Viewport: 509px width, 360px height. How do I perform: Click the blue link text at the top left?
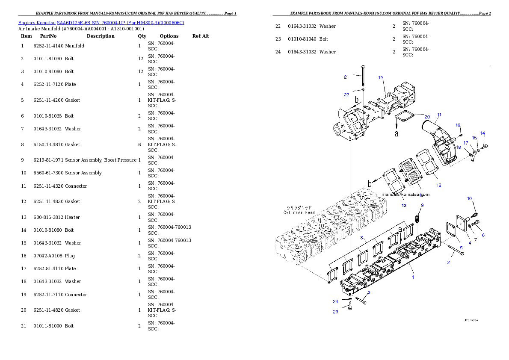tap(101, 23)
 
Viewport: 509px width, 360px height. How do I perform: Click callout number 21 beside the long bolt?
tap(346, 77)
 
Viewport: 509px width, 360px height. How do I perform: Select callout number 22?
tap(346, 94)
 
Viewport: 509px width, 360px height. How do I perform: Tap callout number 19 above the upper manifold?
tap(380, 77)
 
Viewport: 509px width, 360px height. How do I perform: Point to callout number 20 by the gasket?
tap(427, 116)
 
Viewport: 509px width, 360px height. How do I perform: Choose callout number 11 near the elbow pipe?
tap(439, 115)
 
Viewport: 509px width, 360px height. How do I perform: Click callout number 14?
tap(482, 133)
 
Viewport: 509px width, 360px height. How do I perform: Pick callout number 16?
tap(458, 125)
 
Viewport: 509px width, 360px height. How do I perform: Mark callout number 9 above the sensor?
tap(422, 205)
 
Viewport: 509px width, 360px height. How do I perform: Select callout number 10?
tap(469, 198)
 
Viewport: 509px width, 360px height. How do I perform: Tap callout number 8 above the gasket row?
tap(361, 237)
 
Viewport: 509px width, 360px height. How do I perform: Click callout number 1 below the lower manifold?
tap(413, 277)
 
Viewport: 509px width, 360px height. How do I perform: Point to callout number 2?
tap(448, 262)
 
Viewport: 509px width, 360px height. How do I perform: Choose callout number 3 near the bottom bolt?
tap(369, 292)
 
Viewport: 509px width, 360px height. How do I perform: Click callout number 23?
tap(335, 312)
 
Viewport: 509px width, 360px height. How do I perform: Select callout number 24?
tap(335, 301)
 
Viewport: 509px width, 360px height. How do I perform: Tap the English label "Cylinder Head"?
tap(299, 212)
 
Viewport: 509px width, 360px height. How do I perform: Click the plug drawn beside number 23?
tap(350, 307)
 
